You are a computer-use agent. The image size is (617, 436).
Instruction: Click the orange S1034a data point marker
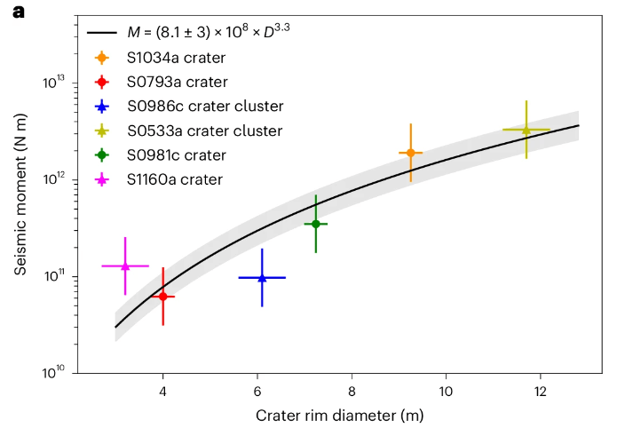tap(410, 153)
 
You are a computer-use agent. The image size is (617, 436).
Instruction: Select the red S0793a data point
tap(162, 296)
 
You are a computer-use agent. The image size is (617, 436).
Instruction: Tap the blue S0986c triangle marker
tap(262, 278)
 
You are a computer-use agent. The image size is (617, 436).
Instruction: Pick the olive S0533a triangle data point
tap(526, 130)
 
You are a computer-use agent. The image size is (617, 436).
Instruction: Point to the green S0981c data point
tap(315, 224)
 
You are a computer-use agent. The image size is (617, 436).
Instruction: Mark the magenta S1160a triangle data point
tap(125, 266)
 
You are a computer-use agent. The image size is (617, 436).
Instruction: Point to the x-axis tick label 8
tap(352, 392)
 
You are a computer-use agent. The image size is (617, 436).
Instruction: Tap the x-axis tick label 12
tap(542, 392)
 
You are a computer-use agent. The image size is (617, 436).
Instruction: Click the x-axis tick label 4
tap(162, 392)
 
